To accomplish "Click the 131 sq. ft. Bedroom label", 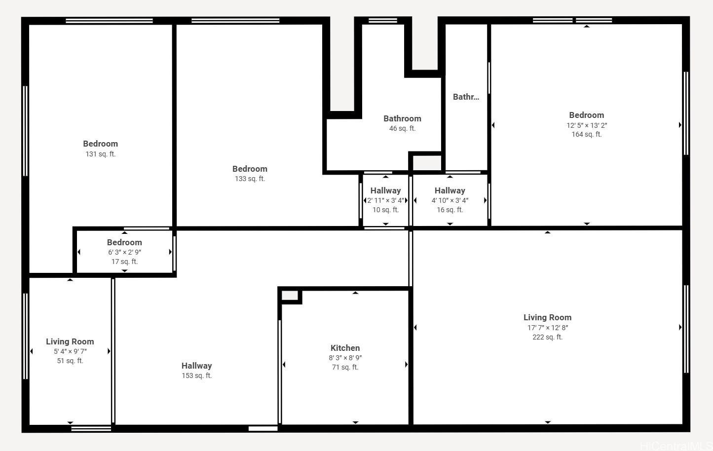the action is (x=100, y=144).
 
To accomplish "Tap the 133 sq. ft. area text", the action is (x=250, y=179).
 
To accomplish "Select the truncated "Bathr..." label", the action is (x=466, y=97).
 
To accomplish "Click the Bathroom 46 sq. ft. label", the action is (x=402, y=119).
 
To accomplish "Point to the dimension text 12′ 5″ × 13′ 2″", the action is (x=587, y=125).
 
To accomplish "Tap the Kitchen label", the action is (x=345, y=348).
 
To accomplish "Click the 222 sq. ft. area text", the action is (x=548, y=337).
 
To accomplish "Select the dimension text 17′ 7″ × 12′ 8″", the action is (x=548, y=328).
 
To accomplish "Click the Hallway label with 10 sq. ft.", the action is (x=385, y=190).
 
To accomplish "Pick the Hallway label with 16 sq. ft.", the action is (x=450, y=190).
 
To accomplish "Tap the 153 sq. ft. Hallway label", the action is (x=197, y=366).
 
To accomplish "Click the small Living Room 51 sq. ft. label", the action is (x=70, y=341).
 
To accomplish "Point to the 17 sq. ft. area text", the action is (x=124, y=262).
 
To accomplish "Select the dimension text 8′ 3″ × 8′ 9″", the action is (x=345, y=358).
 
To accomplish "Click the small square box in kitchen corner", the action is (x=290, y=296).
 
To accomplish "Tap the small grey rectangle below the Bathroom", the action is (x=427, y=163).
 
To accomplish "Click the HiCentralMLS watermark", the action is (x=676, y=446).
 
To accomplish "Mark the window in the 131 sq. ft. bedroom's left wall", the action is (x=25, y=131).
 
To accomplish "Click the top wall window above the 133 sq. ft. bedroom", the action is (x=235, y=21).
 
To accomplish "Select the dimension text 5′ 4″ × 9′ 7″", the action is (x=70, y=351).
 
